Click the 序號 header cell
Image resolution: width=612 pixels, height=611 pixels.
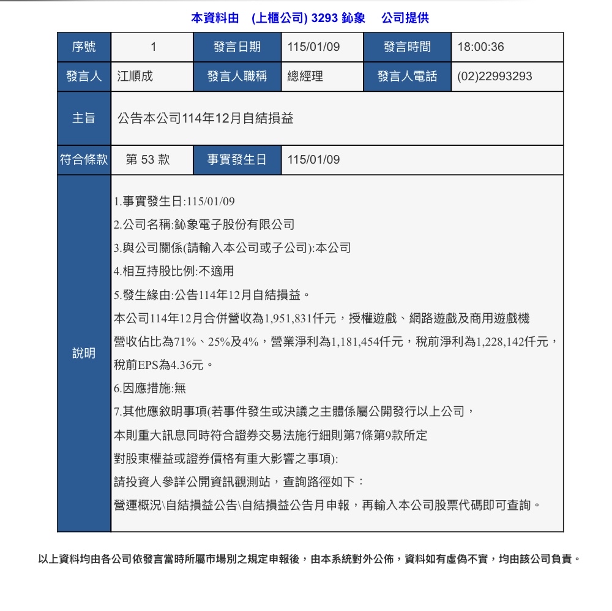(84, 47)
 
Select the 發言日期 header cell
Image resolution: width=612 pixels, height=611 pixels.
(237, 47)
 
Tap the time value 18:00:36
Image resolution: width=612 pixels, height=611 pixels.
(481, 47)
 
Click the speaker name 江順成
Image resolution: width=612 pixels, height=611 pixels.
(135, 77)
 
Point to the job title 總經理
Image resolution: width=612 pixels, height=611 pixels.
(305, 77)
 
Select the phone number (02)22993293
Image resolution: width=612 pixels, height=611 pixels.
(495, 77)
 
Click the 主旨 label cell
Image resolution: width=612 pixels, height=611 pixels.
(84, 118)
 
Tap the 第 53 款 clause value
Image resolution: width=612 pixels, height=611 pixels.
(147, 160)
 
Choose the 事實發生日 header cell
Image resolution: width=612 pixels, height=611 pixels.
(237, 160)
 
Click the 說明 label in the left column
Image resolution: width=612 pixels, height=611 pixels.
(84, 353)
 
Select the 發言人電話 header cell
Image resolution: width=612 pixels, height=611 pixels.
(407, 77)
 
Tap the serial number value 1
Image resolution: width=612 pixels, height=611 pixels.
(153, 47)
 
